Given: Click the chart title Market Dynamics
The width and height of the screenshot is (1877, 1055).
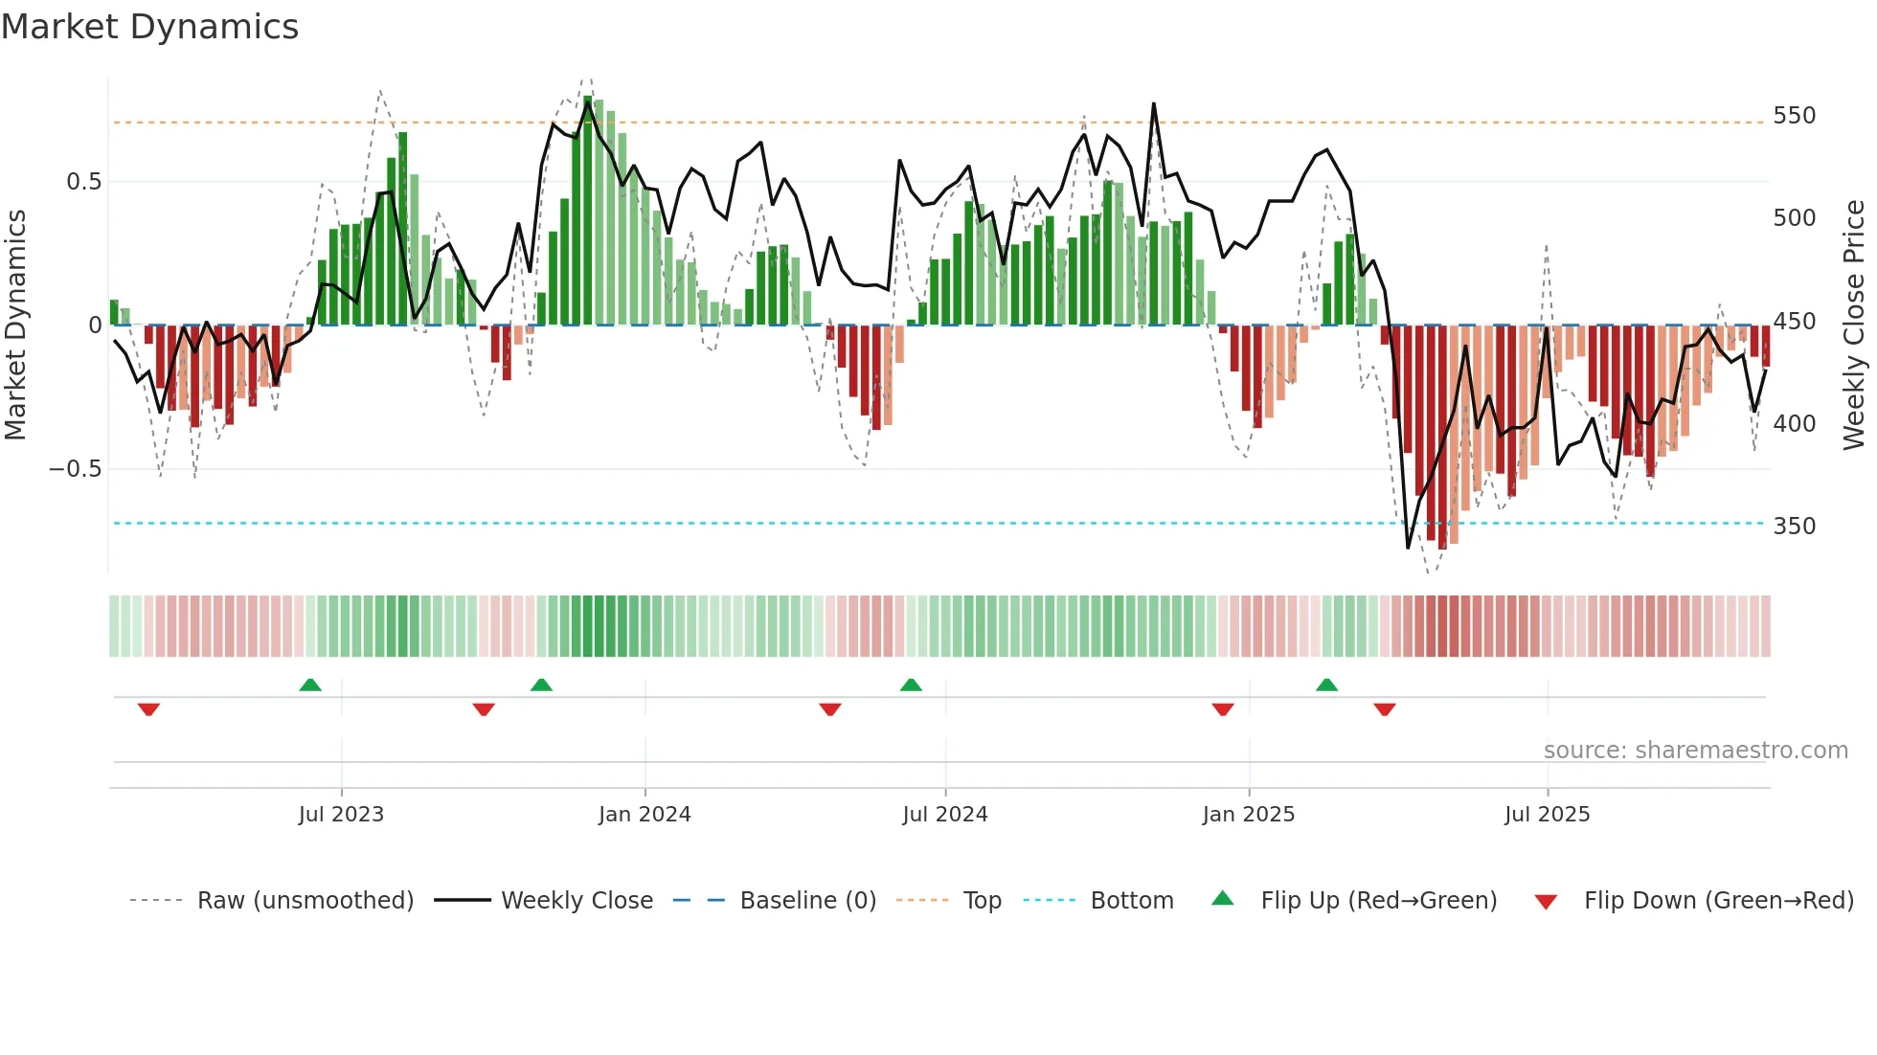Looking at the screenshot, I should pos(150,27).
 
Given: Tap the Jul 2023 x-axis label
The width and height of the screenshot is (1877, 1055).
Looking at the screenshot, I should pos(341,815).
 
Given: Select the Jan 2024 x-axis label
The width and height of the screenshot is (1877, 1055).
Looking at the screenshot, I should pos(645,815).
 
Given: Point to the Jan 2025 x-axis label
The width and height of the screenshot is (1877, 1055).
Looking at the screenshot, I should pos(1249,815).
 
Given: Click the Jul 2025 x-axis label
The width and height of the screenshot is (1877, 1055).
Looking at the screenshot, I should pos(1548,815).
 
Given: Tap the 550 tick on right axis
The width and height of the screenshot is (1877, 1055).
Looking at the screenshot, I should pos(1794,116).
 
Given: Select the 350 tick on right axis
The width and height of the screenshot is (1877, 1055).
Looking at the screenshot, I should pos(1794,527).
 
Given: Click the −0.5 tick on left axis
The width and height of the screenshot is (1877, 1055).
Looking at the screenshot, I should pos(75,469).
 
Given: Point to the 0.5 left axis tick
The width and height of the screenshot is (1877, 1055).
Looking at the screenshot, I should pos(83,182).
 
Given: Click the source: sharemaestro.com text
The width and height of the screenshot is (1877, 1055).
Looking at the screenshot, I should pos(1695,751).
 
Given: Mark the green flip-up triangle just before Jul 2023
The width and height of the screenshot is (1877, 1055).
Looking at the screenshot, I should pos(310,685).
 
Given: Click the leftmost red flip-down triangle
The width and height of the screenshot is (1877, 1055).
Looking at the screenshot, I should pos(148,709).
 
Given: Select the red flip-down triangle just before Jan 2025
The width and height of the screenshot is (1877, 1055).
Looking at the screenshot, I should pos(1223,709).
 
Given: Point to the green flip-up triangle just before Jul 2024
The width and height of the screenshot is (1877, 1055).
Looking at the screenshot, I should pos(911,685).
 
